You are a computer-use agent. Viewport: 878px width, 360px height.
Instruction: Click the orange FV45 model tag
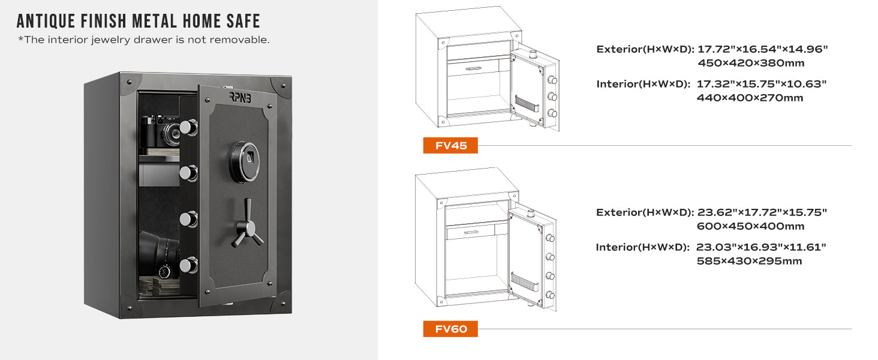coord(450,145)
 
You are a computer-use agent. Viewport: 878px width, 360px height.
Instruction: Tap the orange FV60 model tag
coord(450,329)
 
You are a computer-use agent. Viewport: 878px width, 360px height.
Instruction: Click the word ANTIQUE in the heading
coord(46,21)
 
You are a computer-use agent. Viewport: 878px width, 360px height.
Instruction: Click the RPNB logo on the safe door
coord(240,97)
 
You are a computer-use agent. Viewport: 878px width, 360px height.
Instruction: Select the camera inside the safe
coord(161,130)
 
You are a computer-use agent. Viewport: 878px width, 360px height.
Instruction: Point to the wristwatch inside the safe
coord(165,271)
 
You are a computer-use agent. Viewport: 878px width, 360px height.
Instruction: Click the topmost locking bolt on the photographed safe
coord(188,127)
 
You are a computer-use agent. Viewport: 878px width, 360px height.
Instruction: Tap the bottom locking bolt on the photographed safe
coord(188,265)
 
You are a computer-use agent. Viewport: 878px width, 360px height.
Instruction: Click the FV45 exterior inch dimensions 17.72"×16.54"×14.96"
coord(762,49)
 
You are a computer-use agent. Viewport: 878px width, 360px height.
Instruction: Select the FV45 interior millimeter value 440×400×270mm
coord(750,98)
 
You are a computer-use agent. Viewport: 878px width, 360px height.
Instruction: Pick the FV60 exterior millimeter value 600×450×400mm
coord(750,226)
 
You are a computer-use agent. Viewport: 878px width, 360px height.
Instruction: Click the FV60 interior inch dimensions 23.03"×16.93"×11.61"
coord(761,247)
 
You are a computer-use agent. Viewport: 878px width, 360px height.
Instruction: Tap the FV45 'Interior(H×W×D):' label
coord(644,85)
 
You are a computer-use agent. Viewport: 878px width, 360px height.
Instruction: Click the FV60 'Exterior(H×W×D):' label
coord(645,212)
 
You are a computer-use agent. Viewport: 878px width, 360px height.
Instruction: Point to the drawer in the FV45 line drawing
coord(473,68)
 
